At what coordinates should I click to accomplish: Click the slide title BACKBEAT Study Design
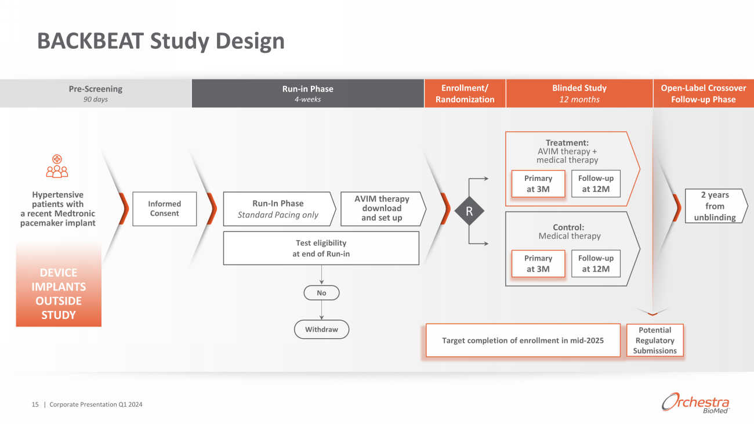[x=161, y=41]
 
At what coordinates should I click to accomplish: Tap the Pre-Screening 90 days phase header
[x=96, y=93]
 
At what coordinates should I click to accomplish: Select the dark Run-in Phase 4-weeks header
[x=307, y=93]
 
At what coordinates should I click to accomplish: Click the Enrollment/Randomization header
[x=465, y=93]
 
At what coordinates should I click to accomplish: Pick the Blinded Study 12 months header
[x=579, y=93]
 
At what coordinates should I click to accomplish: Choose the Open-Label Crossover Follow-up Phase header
[x=703, y=93]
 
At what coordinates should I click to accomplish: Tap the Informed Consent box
[x=164, y=209]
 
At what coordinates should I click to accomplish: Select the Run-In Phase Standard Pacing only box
[x=278, y=209]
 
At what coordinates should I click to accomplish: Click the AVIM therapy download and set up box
[x=382, y=209]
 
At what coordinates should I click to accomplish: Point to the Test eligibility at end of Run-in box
[x=321, y=248]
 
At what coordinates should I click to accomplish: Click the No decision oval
[x=321, y=293]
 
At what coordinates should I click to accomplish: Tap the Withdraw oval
[x=321, y=329]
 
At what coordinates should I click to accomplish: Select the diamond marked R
[x=469, y=212]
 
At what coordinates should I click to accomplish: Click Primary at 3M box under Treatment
[x=538, y=184]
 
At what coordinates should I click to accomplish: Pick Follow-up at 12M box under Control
[x=595, y=264]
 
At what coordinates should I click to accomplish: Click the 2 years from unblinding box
[x=715, y=206]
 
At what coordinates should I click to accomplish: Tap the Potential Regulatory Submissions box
[x=655, y=340]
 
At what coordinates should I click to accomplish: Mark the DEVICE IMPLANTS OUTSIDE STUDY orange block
[x=59, y=293]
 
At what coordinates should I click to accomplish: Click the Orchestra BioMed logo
[x=695, y=403]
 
